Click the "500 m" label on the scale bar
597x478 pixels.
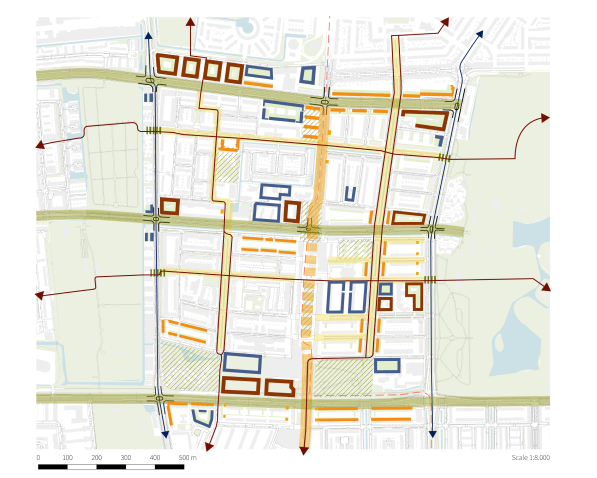pos(187,458)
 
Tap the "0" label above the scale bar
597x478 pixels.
pos(38,458)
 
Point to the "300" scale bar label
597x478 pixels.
pos(126,458)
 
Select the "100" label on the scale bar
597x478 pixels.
pos(67,458)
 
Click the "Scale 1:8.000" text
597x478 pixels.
pos(530,458)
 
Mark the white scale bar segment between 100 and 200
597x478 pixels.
pos(82,467)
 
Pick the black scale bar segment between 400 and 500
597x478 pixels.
pos(169,467)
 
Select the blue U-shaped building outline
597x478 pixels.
pos(351,194)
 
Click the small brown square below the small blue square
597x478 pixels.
pos(384,304)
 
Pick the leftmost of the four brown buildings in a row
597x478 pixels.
pos(166,65)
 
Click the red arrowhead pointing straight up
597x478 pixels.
pos(190,21)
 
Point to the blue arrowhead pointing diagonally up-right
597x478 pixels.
pos(478,34)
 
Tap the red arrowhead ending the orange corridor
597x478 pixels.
pos(303,451)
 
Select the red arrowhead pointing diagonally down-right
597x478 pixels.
pos(545,287)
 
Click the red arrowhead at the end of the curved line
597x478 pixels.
pos(544,118)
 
